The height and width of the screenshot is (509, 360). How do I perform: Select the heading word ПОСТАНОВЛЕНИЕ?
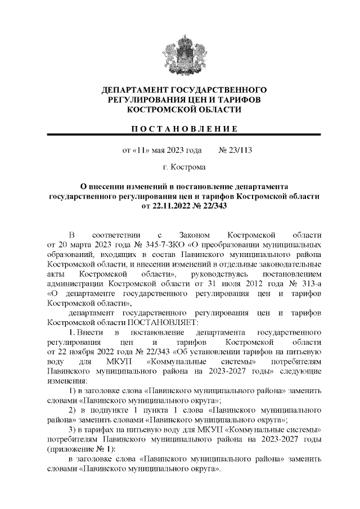[183, 129]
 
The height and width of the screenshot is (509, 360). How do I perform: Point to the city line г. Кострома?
[183, 167]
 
